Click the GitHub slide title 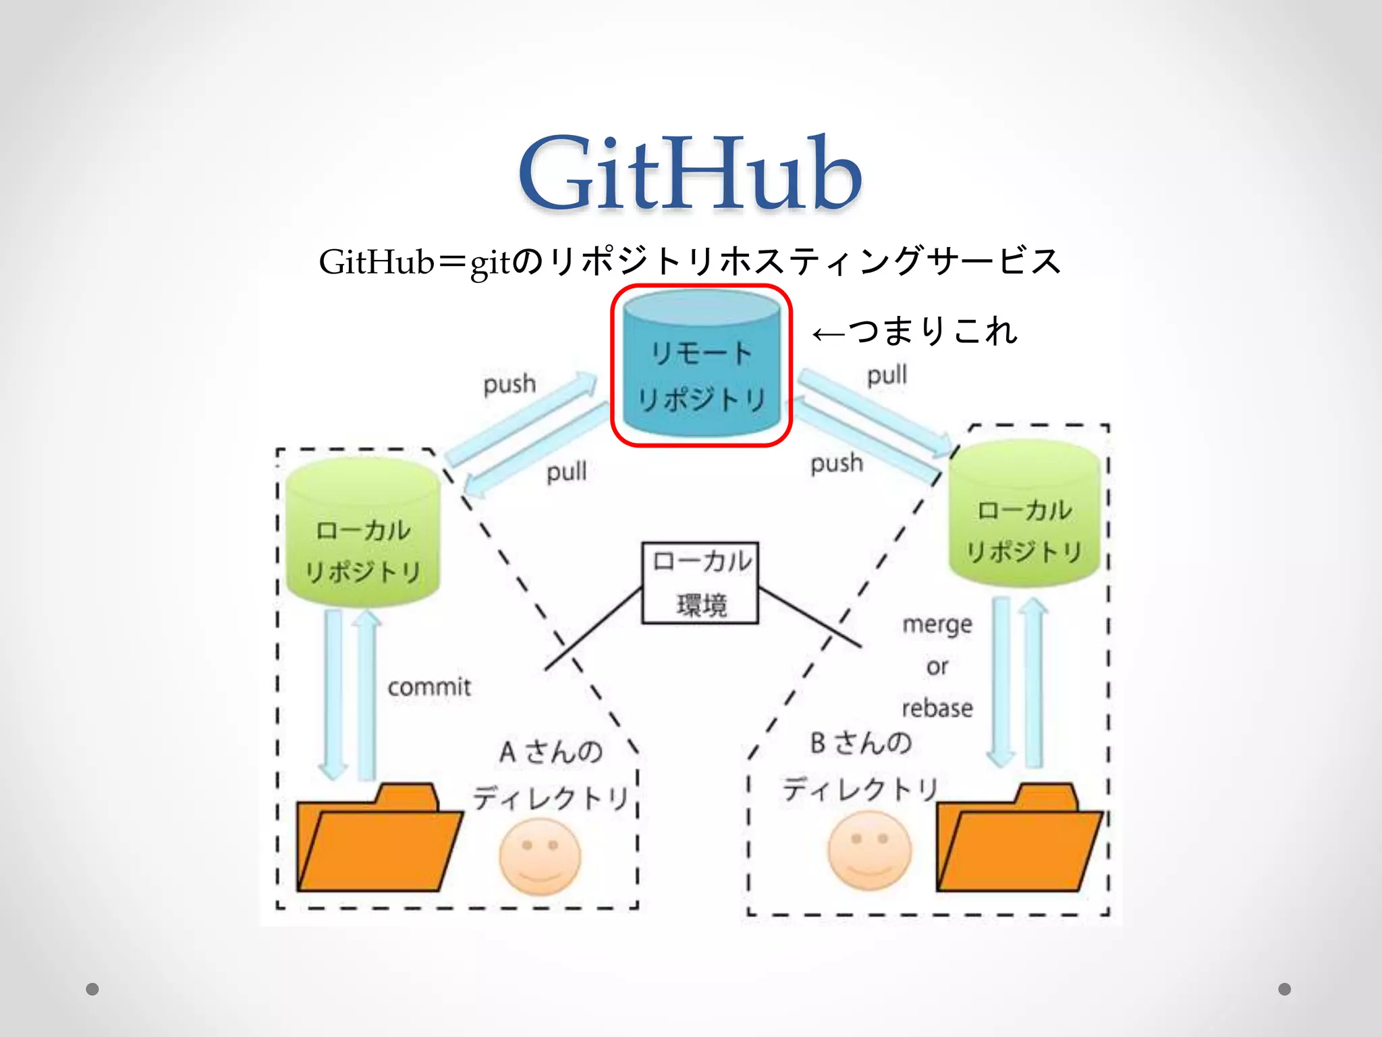pos(690,174)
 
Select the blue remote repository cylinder pos(701,365)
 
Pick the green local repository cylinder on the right pos(1024,513)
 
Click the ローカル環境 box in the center pos(700,583)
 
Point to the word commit pos(429,687)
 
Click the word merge pos(937,624)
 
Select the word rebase pos(937,708)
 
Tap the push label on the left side pos(509,384)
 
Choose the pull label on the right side pos(887,375)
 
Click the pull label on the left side pos(566,471)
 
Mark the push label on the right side pos(837,463)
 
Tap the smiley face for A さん pos(540,856)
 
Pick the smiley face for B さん pos(870,851)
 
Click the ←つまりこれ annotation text pos(914,331)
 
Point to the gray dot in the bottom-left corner pos(92,989)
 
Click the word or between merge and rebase pos(937,666)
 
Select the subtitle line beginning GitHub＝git pos(690,262)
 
